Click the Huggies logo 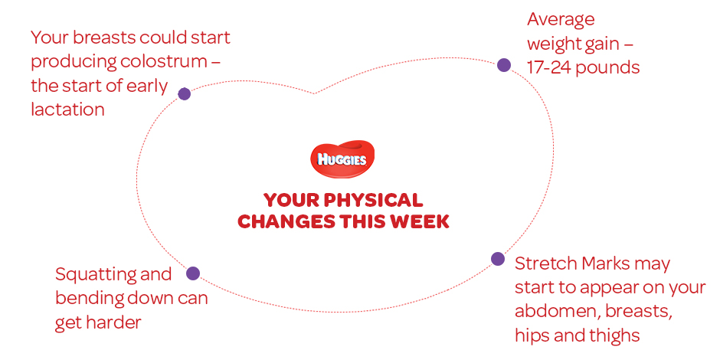(x=342, y=159)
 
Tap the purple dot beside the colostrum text (x=184, y=94)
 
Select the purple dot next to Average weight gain (x=504, y=65)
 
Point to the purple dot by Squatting (x=193, y=273)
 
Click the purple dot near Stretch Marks (x=498, y=259)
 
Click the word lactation (x=67, y=110)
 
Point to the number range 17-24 (x=548, y=67)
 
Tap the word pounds (x=607, y=67)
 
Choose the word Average (x=561, y=20)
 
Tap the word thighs (x=615, y=336)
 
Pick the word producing (x=66, y=63)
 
